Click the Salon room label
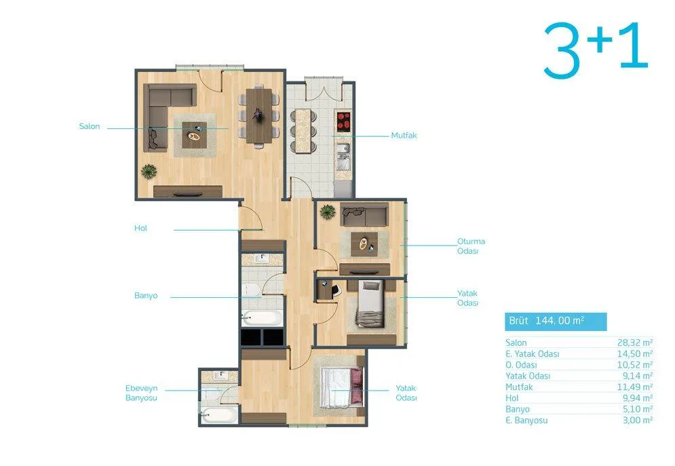89,126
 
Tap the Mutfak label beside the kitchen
404,135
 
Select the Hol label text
140,228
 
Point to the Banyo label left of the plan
146,296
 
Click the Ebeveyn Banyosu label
141,393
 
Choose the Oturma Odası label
471,246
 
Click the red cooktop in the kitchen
343,121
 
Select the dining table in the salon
259,115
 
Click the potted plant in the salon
149,171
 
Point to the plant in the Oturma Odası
328,212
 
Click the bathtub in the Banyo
262,318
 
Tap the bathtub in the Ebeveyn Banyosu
218,416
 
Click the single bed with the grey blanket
370,304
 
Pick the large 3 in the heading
561,51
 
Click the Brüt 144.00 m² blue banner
556,322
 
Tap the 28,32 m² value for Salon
635,343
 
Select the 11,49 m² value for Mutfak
635,387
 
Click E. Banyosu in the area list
526,421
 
